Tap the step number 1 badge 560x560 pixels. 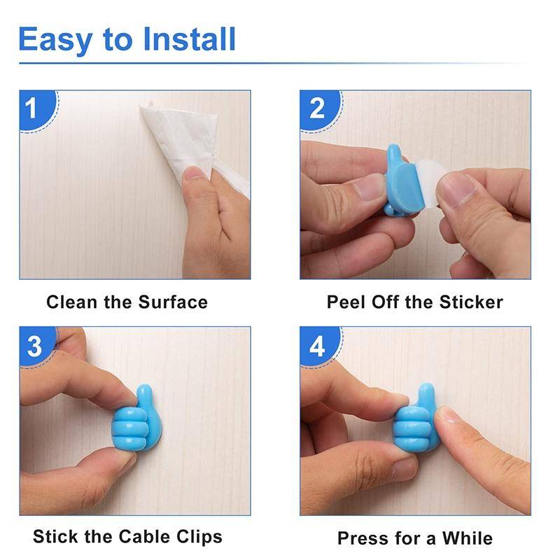32,108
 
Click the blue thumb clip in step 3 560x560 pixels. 136,423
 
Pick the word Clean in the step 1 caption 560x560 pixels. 69,302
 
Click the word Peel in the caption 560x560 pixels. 344,302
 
